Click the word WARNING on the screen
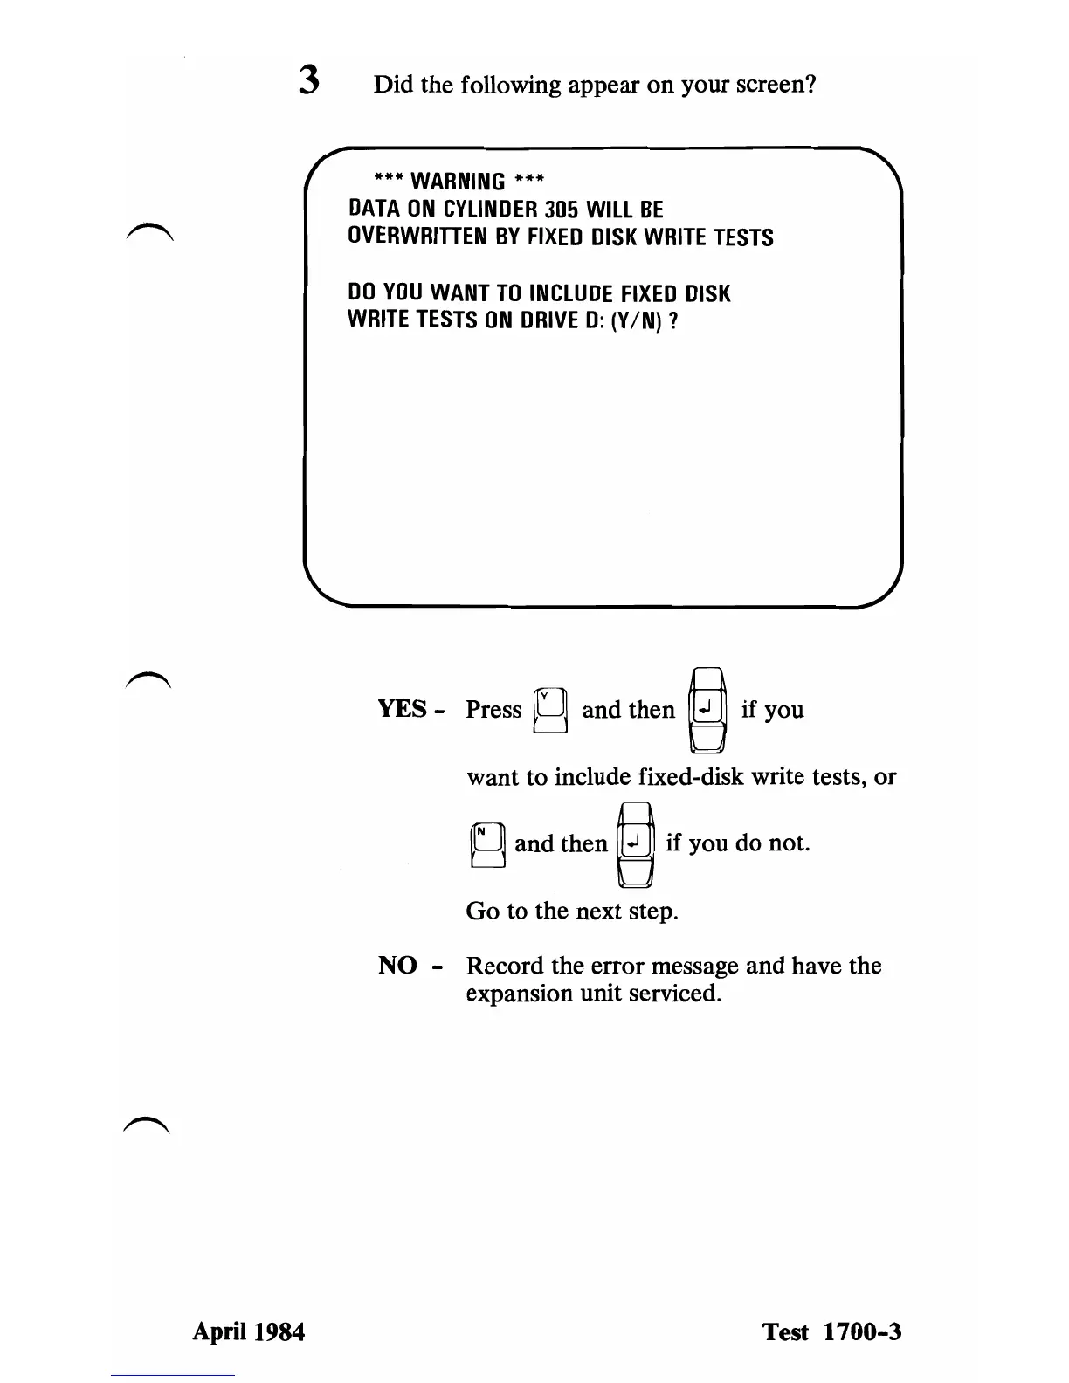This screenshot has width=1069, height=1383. pyautogui.click(x=458, y=182)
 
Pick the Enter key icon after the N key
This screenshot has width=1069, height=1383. pyautogui.click(x=636, y=843)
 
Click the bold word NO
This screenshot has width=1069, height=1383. pyautogui.click(x=397, y=966)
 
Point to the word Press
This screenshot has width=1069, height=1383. pyautogui.click(x=493, y=709)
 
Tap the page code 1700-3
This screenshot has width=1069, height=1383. pyautogui.click(x=859, y=1331)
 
